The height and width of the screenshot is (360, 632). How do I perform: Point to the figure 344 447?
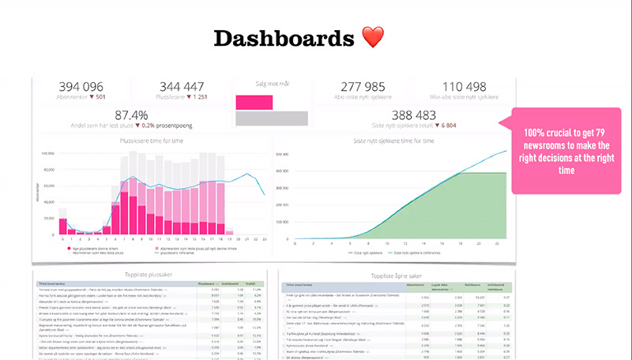point(181,87)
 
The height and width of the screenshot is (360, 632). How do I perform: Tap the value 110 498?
point(463,87)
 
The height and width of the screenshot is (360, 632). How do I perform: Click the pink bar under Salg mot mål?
point(254,102)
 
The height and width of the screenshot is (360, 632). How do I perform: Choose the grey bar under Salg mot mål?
point(271,118)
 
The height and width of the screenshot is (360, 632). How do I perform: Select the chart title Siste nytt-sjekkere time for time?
point(395,141)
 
